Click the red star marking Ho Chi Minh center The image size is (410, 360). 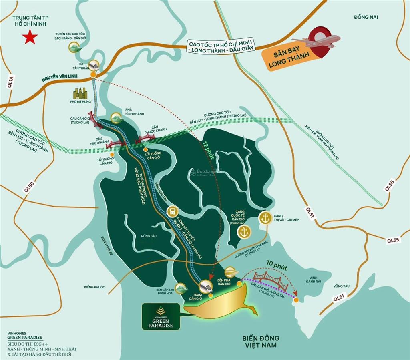(x=30, y=38)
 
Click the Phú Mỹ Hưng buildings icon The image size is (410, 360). (x=80, y=93)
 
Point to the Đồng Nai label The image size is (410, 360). (x=366, y=17)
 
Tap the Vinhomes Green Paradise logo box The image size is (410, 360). (x=160, y=316)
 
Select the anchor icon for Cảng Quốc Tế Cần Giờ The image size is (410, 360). (x=244, y=232)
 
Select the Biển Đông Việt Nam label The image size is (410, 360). (x=261, y=342)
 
